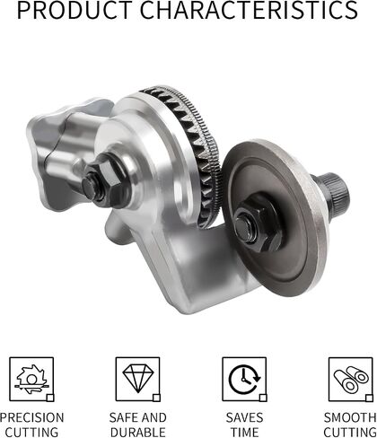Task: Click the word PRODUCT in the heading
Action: [x=75, y=10]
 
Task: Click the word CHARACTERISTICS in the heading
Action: [x=249, y=10]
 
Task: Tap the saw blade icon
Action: [x=31, y=379]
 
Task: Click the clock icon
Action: [x=244, y=379]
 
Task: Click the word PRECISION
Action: [x=31, y=417]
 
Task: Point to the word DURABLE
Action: [x=138, y=432]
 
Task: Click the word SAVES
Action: [x=244, y=417]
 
